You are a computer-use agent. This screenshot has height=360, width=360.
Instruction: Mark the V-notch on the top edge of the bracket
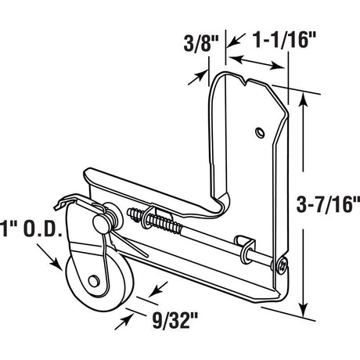[249, 81]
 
